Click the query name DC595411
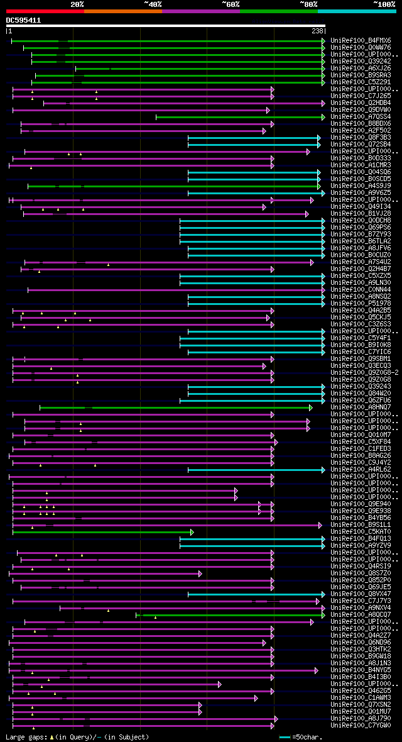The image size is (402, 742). point(24,20)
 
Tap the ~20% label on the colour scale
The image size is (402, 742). point(77,4)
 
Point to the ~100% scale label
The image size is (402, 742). point(384,4)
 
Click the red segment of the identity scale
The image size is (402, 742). point(45,11)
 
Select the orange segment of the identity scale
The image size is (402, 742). point(122,11)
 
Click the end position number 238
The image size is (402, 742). point(317,31)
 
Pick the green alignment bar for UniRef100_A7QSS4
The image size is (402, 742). point(239,117)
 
